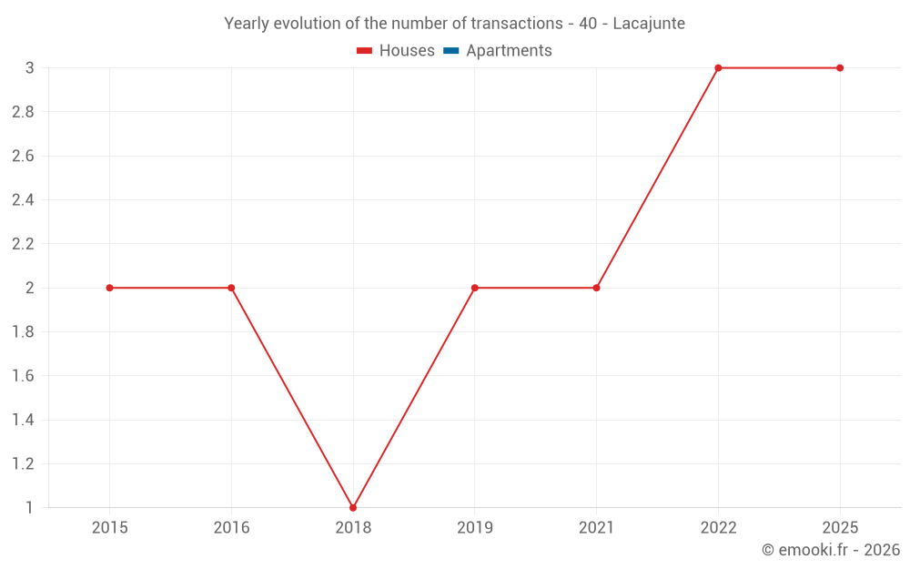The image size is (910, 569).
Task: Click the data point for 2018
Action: coord(353,508)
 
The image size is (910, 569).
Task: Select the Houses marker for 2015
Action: coord(110,288)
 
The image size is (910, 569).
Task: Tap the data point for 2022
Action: coord(718,68)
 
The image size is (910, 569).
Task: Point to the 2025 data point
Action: coord(840,68)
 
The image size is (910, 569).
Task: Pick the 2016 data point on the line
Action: coord(231,288)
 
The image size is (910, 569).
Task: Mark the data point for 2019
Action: coord(475,288)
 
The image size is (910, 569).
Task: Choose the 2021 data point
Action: coord(597,288)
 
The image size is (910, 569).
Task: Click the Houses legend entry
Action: coord(396,50)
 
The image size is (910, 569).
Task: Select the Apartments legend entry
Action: coord(498,50)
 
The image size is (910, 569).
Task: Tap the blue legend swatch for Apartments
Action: coord(451,50)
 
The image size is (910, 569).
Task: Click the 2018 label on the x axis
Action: coord(353,527)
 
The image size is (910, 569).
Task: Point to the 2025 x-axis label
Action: coord(840,527)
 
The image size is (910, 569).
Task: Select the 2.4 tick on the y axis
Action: coord(23,200)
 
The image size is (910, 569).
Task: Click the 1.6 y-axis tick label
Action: coord(23,376)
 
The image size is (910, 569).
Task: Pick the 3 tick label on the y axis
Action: coord(30,68)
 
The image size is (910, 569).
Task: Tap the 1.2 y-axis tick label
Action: coord(23,464)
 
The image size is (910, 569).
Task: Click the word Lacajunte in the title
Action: coord(649,24)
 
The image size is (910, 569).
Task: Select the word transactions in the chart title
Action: coord(517,24)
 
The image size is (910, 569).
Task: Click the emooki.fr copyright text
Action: coord(831,549)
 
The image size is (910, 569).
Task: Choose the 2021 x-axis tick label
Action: coord(597,527)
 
